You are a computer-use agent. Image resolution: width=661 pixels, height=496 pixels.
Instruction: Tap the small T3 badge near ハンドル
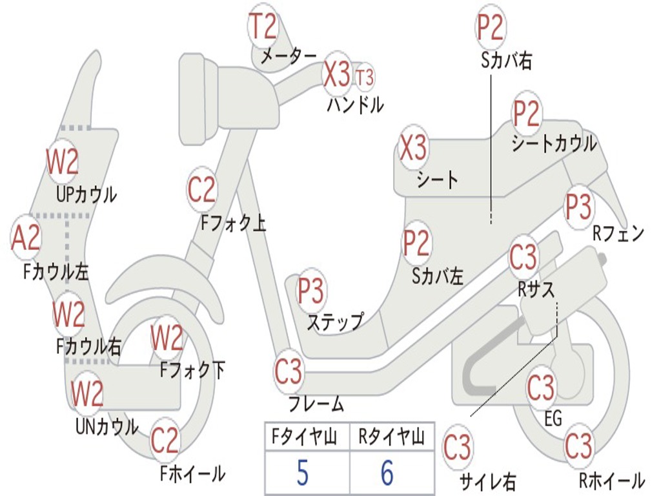pos(365,77)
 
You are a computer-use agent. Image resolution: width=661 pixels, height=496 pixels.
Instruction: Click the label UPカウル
pos(86,194)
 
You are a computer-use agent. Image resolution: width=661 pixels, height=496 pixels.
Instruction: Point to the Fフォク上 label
pos(233,223)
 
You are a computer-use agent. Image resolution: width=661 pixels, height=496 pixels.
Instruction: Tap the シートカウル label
pos(554,143)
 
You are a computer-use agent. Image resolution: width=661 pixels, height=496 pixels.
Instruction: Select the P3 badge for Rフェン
pos(578,207)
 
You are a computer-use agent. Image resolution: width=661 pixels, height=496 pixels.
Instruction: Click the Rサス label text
pos(536,289)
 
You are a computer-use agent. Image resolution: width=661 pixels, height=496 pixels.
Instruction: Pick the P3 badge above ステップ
pos(310,292)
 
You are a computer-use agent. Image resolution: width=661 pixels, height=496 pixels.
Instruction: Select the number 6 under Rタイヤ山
pos(387,474)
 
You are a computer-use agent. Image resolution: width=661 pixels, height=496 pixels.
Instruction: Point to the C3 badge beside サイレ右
pos(458,448)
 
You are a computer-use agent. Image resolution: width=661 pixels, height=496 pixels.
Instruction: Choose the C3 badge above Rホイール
pos(578,446)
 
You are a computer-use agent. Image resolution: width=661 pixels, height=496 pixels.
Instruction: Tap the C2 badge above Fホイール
pos(165,440)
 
